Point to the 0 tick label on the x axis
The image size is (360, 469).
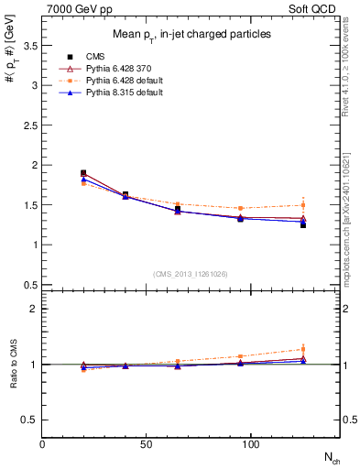pos(43,444)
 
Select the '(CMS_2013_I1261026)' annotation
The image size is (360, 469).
pos(192,274)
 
